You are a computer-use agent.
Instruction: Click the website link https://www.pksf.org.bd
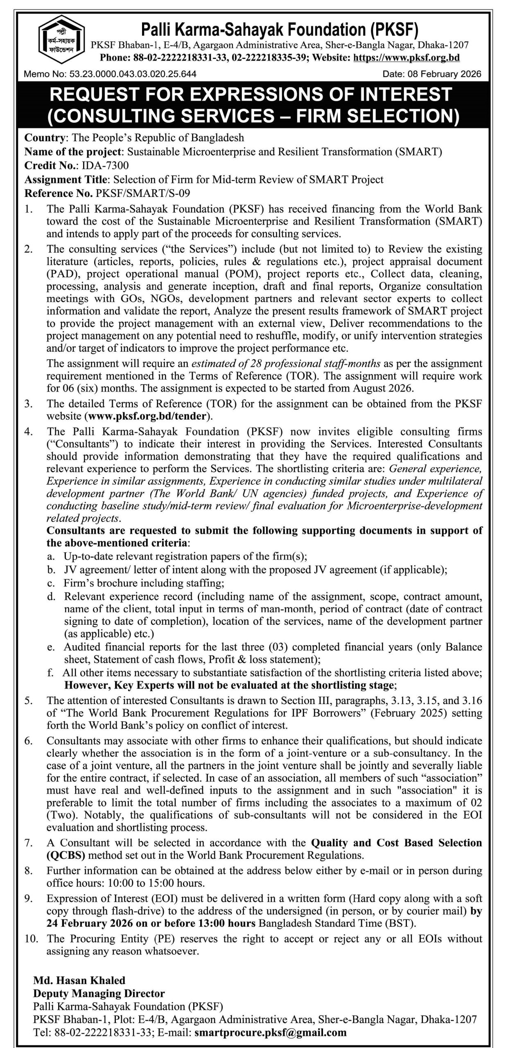406,58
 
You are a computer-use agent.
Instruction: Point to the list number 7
28,842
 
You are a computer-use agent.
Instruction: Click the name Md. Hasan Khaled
79,980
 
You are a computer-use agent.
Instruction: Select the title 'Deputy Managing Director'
99,993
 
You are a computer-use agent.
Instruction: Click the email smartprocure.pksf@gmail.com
271,1032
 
